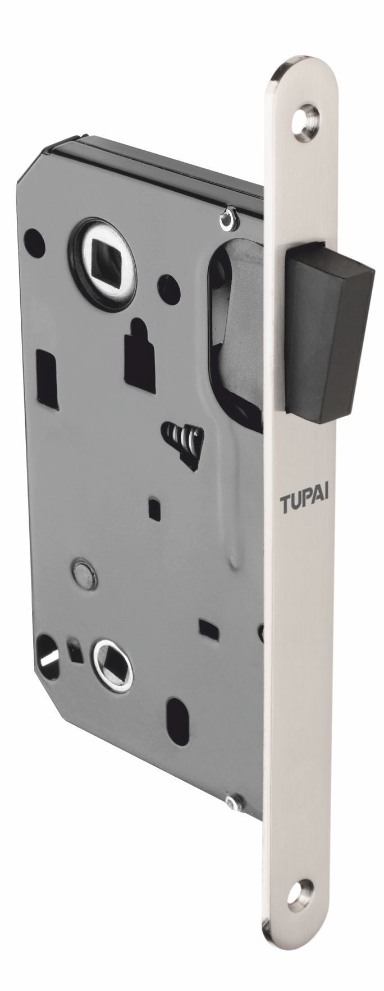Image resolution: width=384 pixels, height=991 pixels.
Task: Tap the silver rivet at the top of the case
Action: coord(227,219)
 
